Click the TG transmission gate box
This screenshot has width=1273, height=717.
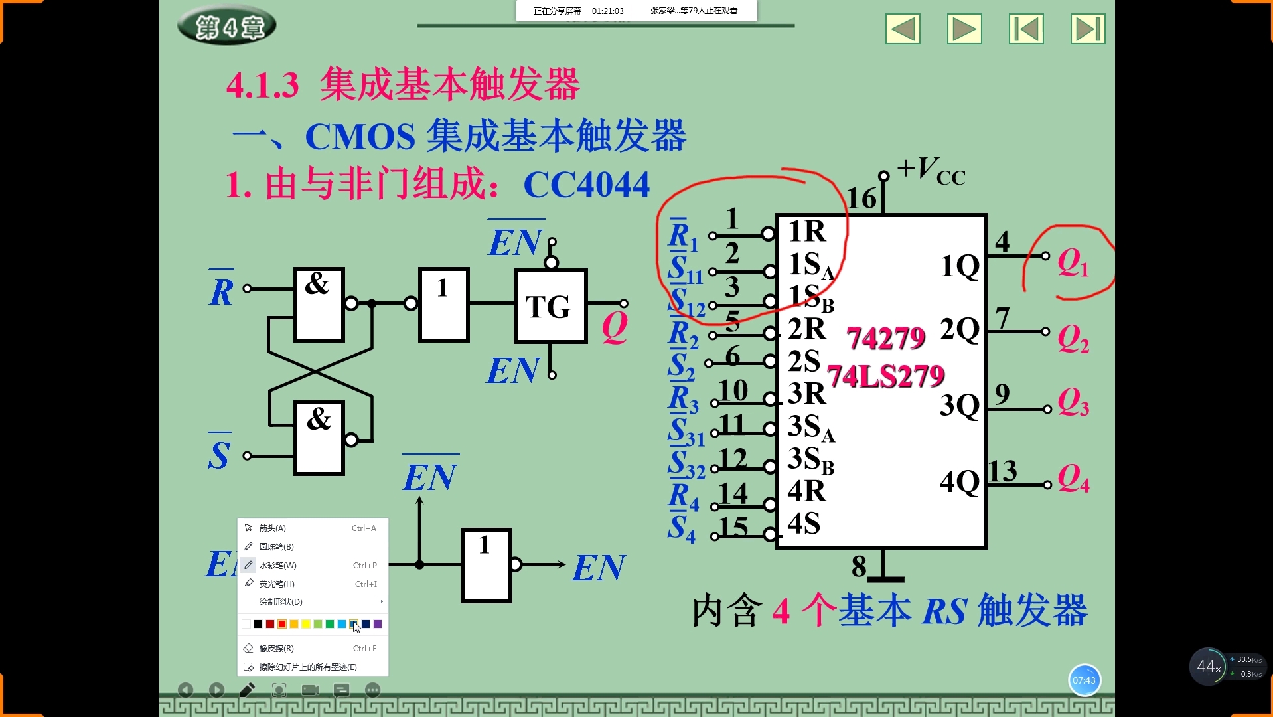(550, 306)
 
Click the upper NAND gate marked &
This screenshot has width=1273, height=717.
(319, 304)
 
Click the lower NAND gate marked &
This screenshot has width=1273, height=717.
(319, 438)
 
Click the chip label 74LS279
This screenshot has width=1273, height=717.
(885, 376)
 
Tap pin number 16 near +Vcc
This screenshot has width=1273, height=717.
(861, 199)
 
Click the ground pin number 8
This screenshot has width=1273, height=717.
(859, 566)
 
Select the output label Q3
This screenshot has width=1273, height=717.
(1073, 402)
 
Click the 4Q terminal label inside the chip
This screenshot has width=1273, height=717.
(959, 481)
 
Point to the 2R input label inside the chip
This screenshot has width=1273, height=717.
(806, 329)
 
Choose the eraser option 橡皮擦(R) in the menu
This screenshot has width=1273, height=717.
(276, 649)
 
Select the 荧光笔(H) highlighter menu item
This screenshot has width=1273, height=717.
(276, 584)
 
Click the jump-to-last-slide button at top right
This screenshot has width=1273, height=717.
(1087, 29)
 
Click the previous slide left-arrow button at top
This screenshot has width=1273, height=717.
(903, 29)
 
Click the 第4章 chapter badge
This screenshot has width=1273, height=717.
(227, 27)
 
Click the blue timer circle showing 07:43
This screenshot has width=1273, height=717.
(1084, 680)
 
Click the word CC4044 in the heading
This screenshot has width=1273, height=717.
(586, 185)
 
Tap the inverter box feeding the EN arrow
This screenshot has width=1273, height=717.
(486, 565)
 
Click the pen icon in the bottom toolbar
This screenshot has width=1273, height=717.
(247, 690)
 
